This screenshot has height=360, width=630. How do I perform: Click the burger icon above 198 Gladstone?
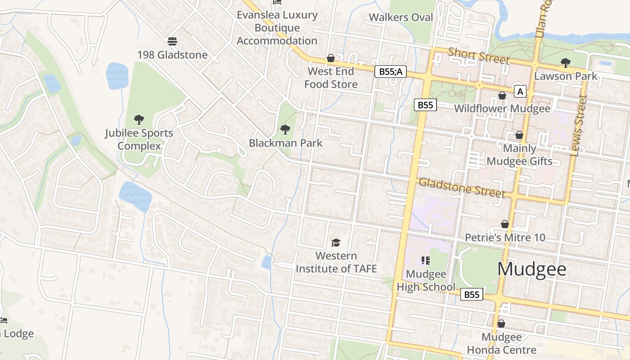(172, 41)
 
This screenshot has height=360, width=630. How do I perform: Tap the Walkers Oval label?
(400, 18)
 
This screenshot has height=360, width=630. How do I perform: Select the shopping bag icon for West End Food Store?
(331, 58)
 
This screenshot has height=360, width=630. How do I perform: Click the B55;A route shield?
(391, 71)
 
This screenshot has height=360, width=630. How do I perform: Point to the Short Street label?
(479, 56)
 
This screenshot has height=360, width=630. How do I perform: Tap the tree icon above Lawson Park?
(565, 63)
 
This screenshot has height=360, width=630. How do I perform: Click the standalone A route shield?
(520, 92)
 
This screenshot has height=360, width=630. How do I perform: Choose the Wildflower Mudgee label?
(502, 108)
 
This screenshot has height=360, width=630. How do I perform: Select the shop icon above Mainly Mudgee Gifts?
(519, 135)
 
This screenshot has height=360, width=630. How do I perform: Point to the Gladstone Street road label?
(462, 187)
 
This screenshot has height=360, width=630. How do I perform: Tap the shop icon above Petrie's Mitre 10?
(505, 224)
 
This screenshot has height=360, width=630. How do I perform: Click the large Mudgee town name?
(531, 269)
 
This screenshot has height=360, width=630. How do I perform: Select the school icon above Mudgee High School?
(425, 260)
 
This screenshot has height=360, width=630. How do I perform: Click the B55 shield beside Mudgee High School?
(472, 294)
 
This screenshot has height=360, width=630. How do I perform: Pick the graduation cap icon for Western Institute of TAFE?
(336, 243)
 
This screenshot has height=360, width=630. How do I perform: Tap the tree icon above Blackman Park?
(285, 130)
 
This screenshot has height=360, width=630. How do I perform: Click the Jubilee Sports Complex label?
(139, 139)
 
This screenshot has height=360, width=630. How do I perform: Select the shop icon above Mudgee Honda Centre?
(501, 324)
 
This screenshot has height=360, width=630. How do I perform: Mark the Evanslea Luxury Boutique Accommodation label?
(277, 28)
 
